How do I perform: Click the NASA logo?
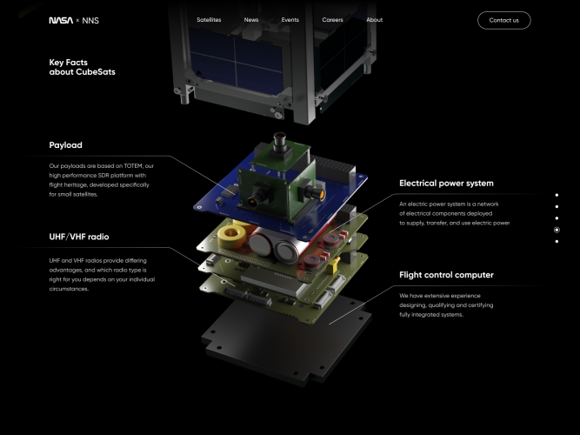point(61,20)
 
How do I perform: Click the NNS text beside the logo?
point(90,20)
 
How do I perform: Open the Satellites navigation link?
point(209,20)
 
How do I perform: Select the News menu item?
point(251,20)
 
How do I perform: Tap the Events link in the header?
point(290,20)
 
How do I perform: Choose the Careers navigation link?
point(333,20)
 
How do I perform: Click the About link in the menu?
point(374,20)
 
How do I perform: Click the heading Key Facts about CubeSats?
point(82,67)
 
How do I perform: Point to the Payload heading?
point(66,145)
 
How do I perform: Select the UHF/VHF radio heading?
point(79,237)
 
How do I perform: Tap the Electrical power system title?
point(446,184)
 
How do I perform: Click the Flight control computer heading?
point(446,275)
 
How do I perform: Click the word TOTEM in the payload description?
point(131,166)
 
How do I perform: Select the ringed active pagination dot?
point(557,230)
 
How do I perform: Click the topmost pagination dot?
point(557,195)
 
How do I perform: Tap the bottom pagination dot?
point(557,241)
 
